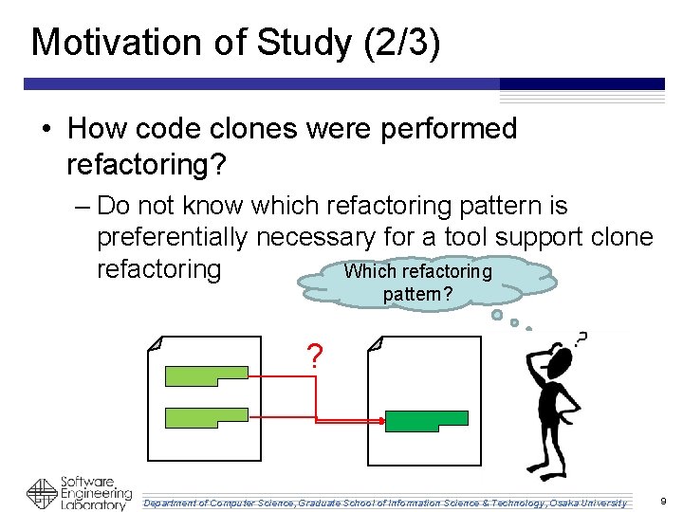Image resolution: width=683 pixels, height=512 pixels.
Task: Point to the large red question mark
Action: click(x=315, y=357)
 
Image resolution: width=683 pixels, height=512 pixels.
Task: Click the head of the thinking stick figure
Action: click(x=560, y=361)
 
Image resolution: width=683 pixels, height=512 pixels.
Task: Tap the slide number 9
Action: click(x=663, y=501)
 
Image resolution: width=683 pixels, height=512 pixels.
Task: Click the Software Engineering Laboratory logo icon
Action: click(x=42, y=494)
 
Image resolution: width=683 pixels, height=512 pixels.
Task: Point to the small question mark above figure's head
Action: click(x=581, y=338)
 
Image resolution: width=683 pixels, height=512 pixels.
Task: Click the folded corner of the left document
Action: click(x=156, y=342)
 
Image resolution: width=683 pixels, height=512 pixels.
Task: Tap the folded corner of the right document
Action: click(x=375, y=342)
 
